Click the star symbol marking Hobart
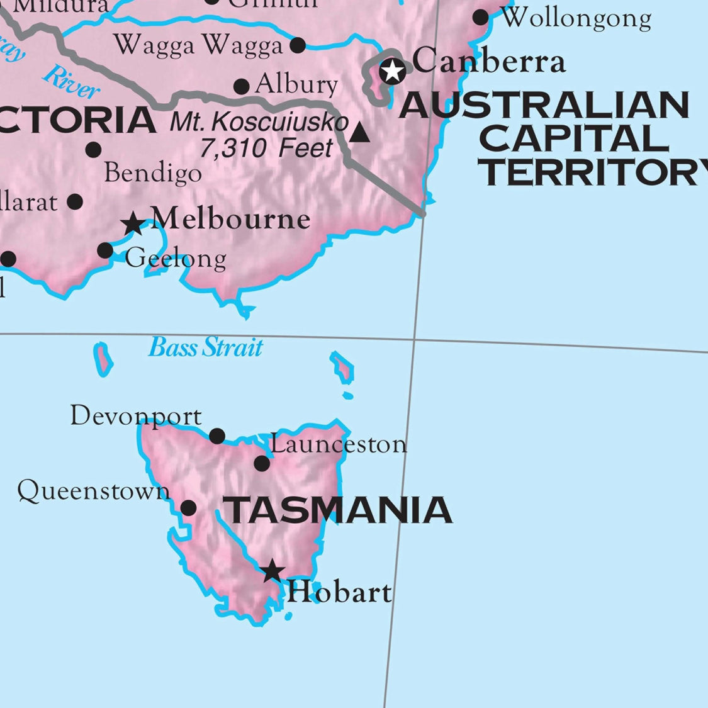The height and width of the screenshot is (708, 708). click(x=273, y=571)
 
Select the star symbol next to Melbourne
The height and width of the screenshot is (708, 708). click(x=133, y=224)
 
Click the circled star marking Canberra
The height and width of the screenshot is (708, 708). click(x=393, y=71)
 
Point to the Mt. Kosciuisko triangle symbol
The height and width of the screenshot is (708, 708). click(x=359, y=133)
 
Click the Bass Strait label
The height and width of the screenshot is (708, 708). click(x=206, y=347)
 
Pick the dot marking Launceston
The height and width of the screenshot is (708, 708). click(x=262, y=464)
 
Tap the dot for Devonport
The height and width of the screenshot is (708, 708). click(x=217, y=435)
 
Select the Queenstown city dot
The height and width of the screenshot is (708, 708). click(x=188, y=508)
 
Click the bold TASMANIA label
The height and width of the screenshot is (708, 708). click(x=339, y=510)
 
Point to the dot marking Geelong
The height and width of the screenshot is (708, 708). click(x=105, y=251)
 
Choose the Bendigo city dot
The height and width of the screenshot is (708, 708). click(x=93, y=150)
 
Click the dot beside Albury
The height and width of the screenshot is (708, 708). click(x=241, y=86)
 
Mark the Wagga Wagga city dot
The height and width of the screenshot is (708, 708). click(x=298, y=45)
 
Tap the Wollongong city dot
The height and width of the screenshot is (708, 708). click(x=481, y=18)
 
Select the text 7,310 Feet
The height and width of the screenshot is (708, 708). click(x=266, y=149)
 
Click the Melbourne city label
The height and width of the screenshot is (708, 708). click(x=231, y=219)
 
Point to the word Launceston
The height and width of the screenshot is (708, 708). click(x=339, y=444)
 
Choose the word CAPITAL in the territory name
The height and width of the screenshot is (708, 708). click(x=573, y=138)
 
